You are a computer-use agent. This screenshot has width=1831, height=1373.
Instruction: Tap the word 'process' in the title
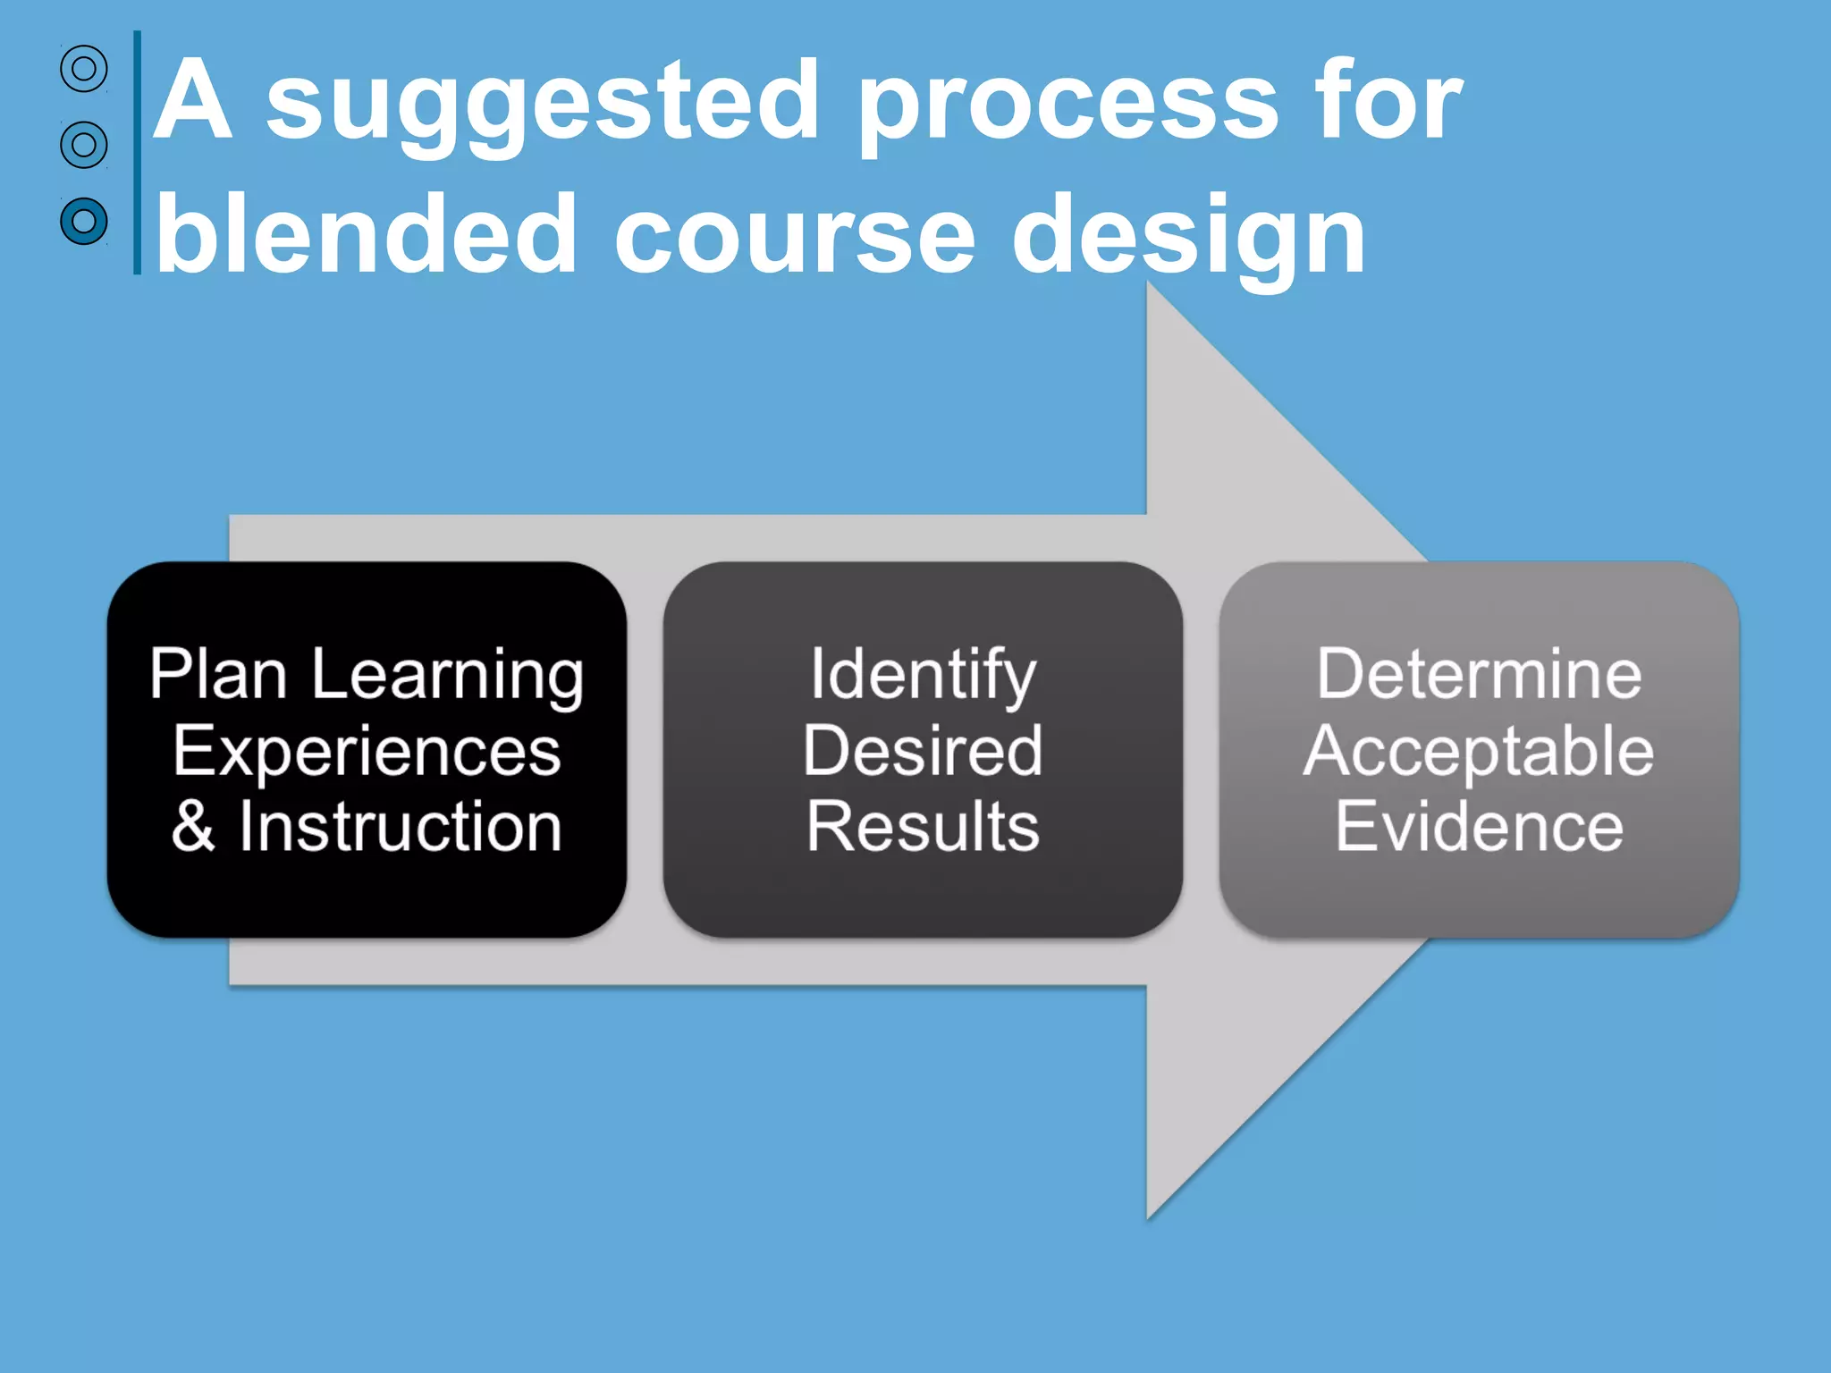(1068, 105)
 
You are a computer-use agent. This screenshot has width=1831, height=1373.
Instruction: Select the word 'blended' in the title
(367, 234)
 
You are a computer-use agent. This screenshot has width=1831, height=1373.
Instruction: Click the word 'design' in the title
(1188, 236)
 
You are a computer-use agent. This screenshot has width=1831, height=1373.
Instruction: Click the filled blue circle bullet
(84, 221)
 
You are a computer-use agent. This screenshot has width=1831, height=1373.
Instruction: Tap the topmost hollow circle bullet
(84, 68)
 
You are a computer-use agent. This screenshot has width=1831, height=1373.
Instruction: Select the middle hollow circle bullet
(84, 144)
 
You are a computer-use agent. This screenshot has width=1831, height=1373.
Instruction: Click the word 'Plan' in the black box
(218, 674)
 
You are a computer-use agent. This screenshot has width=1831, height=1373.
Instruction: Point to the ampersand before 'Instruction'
(193, 826)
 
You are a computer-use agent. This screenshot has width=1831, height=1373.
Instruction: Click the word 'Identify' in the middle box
(923, 676)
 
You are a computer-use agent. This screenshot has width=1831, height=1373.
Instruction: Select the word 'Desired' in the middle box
(923, 751)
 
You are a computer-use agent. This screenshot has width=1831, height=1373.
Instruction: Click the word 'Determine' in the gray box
(1479, 674)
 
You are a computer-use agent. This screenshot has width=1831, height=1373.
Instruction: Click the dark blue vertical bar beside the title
(137, 152)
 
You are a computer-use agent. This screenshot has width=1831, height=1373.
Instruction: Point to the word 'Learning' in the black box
(447, 676)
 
